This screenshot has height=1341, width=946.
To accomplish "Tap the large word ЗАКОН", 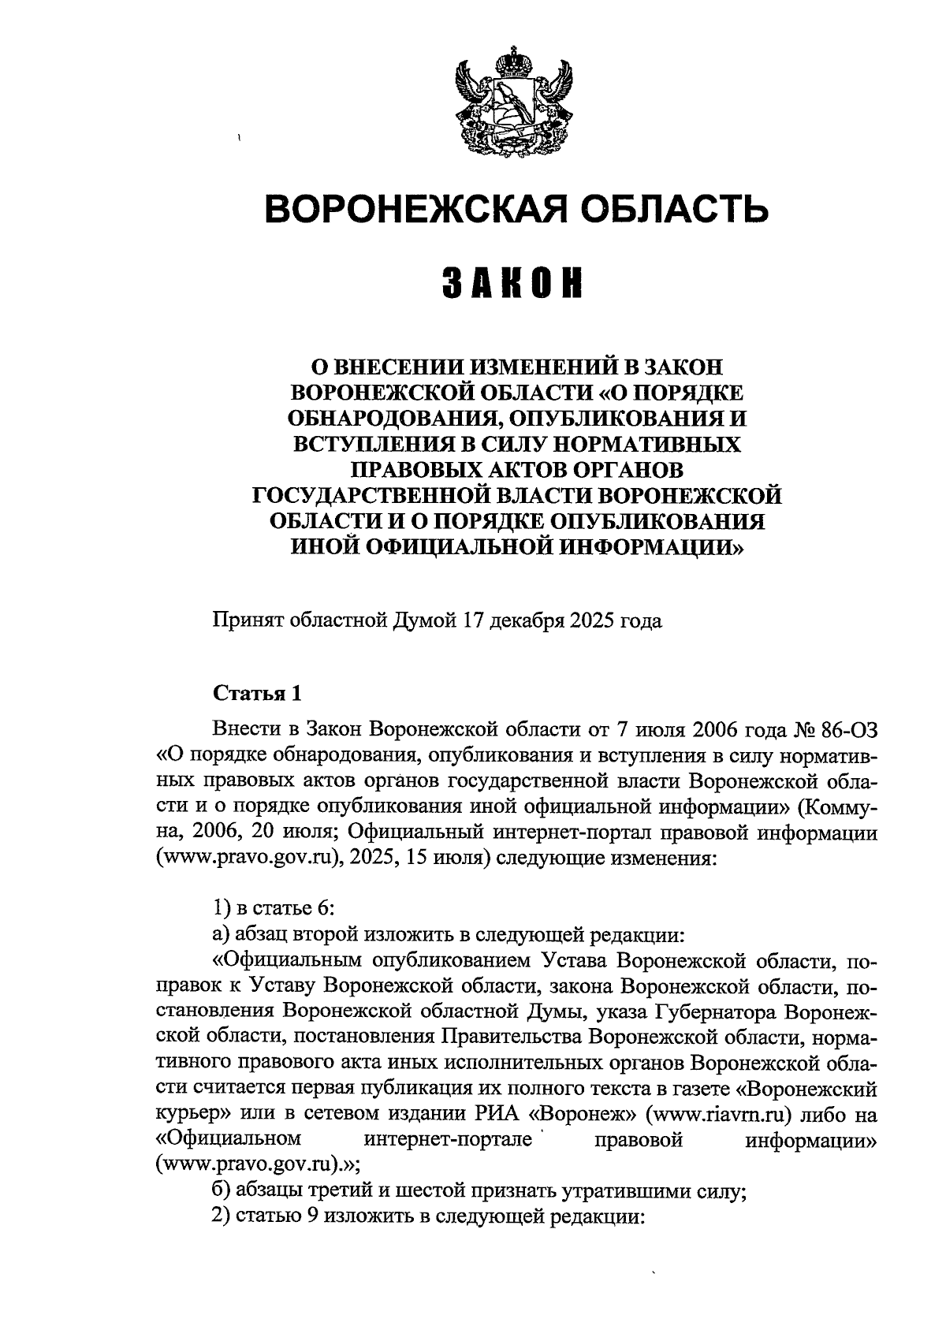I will pos(516,284).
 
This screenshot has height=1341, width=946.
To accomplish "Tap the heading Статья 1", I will pos(257,694).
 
